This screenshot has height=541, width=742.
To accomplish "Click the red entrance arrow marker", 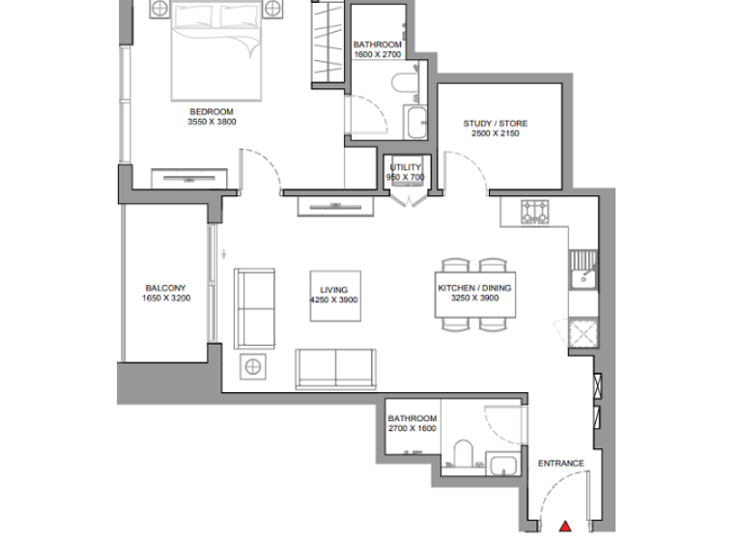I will (566, 527).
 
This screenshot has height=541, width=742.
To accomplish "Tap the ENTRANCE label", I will (560, 464).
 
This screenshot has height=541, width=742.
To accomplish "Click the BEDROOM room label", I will (212, 112).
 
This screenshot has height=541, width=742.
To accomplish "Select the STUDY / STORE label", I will (496, 124).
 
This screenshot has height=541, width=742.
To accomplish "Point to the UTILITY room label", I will (406, 167).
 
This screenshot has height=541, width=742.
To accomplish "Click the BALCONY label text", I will (165, 288).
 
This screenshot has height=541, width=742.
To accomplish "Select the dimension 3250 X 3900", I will (474, 299).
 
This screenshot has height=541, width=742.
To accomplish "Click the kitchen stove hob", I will (534, 212).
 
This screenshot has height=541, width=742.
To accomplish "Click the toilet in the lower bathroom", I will (461, 453).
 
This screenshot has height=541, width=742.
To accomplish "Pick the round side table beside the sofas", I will (253, 367).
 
